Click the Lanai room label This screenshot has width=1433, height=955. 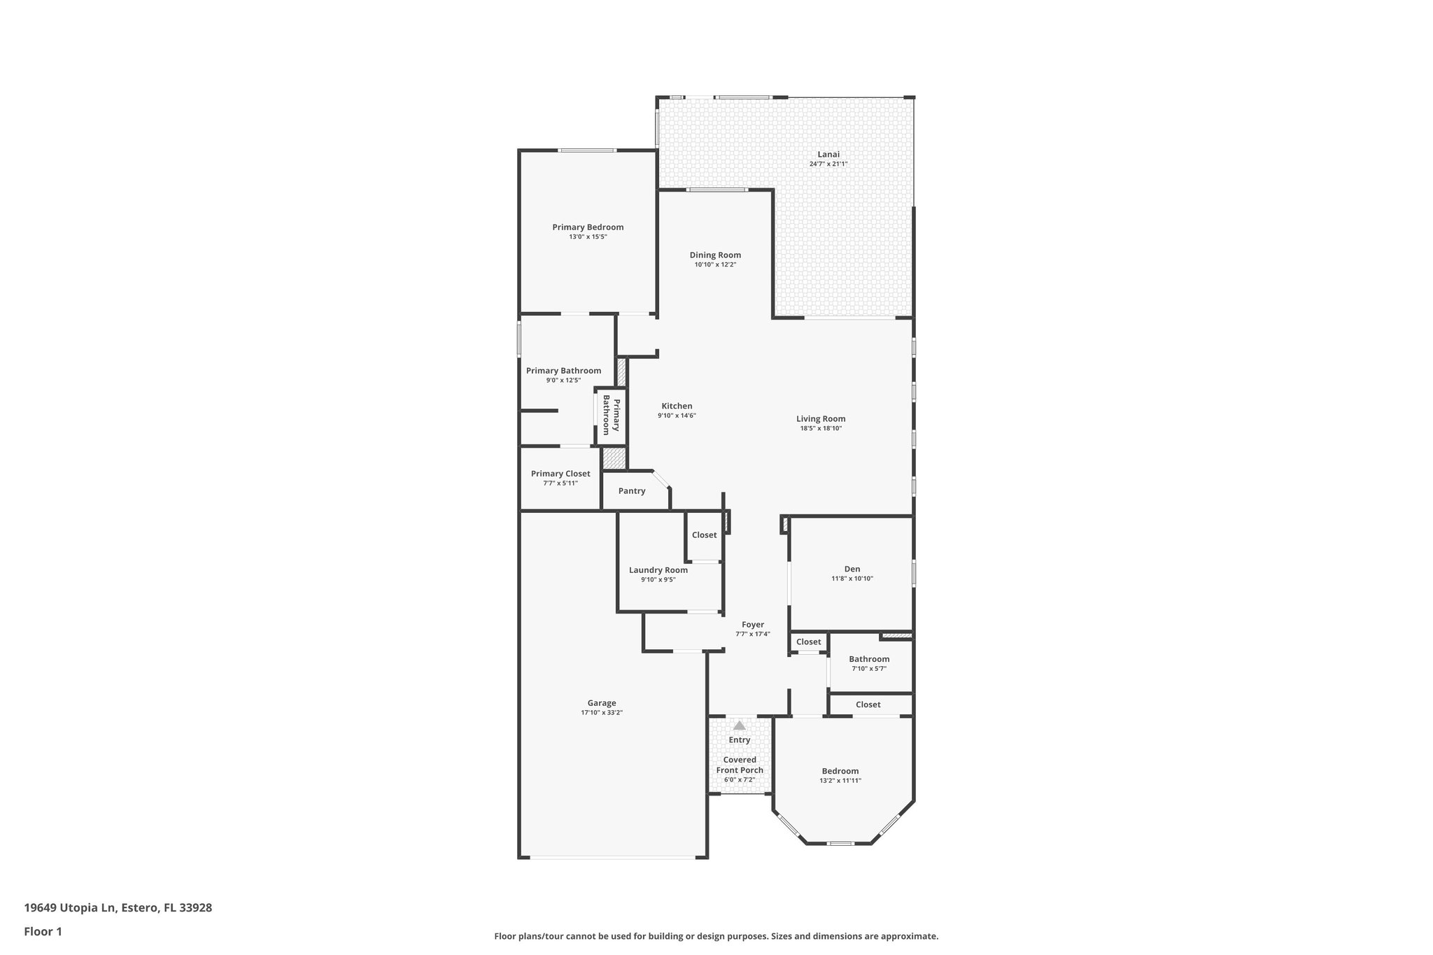tap(828, 155)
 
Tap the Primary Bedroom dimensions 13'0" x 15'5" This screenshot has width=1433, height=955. tap(588, 237)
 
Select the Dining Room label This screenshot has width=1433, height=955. tap(715, 255)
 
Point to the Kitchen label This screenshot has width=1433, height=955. tap(677, 406)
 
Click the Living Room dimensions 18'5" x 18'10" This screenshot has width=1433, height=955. tap(821, 428)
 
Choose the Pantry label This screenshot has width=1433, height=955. tap(632, 491)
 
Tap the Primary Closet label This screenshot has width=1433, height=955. tap(560, 474)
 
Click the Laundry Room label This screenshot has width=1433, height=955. tap(658, 570)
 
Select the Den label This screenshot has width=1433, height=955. tap(852, 569)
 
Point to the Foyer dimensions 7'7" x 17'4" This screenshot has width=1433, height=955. tap(753, 635)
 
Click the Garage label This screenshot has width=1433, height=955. tap(602, 703)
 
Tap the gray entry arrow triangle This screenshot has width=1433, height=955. tap(740, 726)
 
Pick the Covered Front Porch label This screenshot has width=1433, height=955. tap(740, 765)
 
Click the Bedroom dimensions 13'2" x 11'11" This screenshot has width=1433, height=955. tap(840, 781)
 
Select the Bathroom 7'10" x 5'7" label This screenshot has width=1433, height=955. tap(869, 659)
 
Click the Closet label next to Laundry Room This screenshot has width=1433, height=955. tap(704, 535)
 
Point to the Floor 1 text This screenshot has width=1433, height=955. tap(43, 932)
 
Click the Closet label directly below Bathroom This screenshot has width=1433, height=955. tap(868, 705)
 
